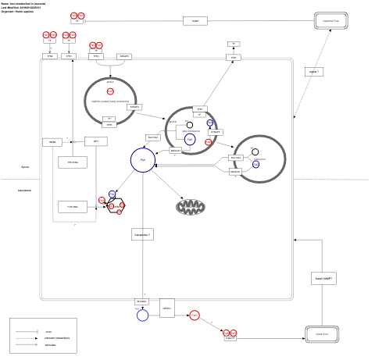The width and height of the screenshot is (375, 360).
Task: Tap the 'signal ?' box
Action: pyautogui.click(x=314, y=72)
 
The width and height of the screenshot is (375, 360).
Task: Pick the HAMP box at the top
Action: pyautogui.click(x=195, y=21)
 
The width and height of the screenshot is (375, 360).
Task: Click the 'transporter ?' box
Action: pyautogui.click(x=142, y=233)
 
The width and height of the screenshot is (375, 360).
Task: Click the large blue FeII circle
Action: pyautogui.click(x=142, y=160)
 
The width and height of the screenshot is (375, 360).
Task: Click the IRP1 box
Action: pyautogui.click(x=96, y=141)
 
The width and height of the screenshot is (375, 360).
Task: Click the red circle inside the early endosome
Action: pyautogui.click(x=110, y=91)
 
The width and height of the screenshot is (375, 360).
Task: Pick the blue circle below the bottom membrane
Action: pyautogui.click(x=142, y=315)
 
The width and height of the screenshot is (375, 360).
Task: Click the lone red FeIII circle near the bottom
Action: pyautogui.click(x=194, y=315)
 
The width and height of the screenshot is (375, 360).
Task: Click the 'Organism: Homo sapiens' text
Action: pyautogui.click(x=17, y=11)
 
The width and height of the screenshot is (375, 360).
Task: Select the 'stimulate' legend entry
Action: pyautogui.click(x=50, y=344)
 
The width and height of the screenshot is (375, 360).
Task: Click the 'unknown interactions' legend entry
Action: pyautogui.click(x=57, y=338)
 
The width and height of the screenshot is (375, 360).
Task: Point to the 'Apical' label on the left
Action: pyautogui.click(x=25, y=167)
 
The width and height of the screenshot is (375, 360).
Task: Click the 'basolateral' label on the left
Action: pyautogui.click(x=25, y=191)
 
